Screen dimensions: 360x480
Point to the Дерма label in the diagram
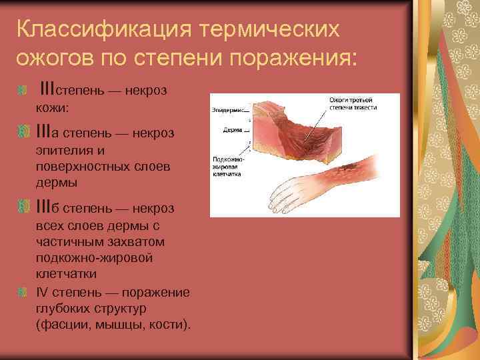[x=232, y=131]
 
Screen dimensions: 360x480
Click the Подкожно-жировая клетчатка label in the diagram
[x=228, y=166]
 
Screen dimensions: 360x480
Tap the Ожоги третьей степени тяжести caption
[x=353, y=104]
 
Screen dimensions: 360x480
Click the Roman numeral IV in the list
[x=41, y=292]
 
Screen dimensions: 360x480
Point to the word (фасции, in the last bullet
[x=64, y=325]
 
